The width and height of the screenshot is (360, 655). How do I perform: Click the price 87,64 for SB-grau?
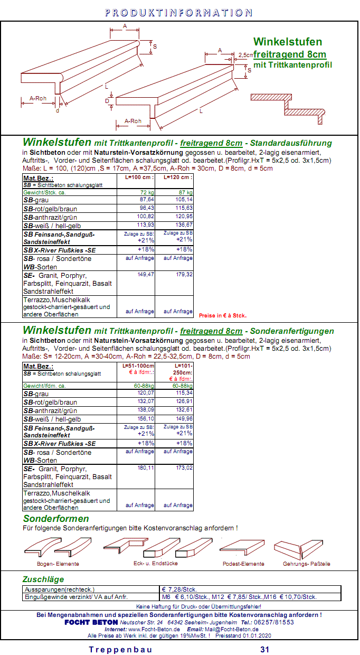click(146, 200)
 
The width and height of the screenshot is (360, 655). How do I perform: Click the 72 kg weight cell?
click(147, 193)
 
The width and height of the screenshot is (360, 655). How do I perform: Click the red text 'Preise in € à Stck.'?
click(223, 316)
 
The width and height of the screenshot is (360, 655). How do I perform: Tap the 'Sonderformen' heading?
click(56, 519)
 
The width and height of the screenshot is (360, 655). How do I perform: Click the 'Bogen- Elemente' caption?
click(58, 564)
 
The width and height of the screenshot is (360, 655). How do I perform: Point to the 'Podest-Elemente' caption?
click(243, 564)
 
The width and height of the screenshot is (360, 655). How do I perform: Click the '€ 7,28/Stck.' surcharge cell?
click(179, 589)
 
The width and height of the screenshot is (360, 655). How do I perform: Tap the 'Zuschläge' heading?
click(43, 579)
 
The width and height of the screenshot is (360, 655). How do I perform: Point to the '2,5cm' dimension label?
click(246, 55)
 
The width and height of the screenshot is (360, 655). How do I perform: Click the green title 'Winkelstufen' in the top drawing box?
click(287, 42)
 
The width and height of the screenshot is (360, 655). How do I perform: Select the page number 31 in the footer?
click(265, 650)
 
